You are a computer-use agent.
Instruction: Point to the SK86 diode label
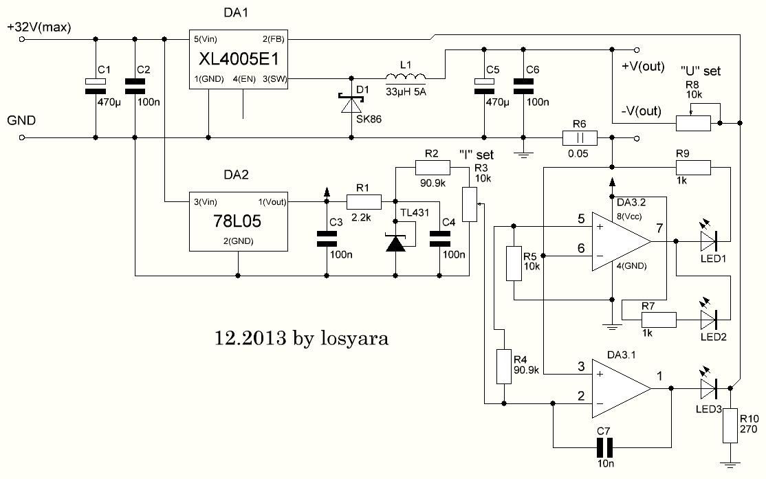[368, 118]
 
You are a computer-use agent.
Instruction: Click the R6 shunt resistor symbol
[578, 137]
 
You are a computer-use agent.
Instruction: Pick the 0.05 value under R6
[578, 153]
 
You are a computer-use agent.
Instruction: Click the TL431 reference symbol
[395, 243]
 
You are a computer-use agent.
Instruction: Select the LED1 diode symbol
[708, 241]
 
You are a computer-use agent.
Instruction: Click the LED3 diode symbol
[708, 388]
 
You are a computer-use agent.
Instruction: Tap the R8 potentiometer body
[694, 124]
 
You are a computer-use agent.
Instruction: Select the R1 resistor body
[363, 201]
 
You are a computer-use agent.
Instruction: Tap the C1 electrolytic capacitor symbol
[95, 85]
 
